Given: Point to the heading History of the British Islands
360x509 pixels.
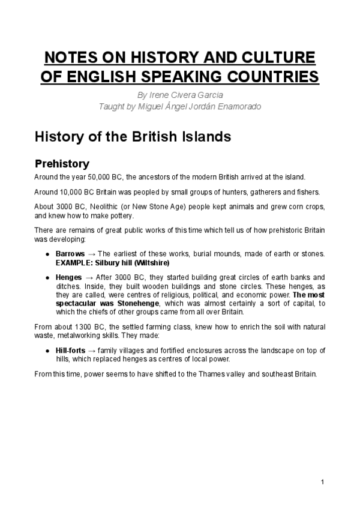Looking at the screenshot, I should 133,136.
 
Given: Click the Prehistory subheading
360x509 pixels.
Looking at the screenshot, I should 62,163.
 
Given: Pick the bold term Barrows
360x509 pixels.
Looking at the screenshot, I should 70,254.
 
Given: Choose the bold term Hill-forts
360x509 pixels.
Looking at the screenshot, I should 71,351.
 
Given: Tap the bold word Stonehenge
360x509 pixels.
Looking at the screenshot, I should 130,303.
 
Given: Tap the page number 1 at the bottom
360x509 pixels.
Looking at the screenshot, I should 323,482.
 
